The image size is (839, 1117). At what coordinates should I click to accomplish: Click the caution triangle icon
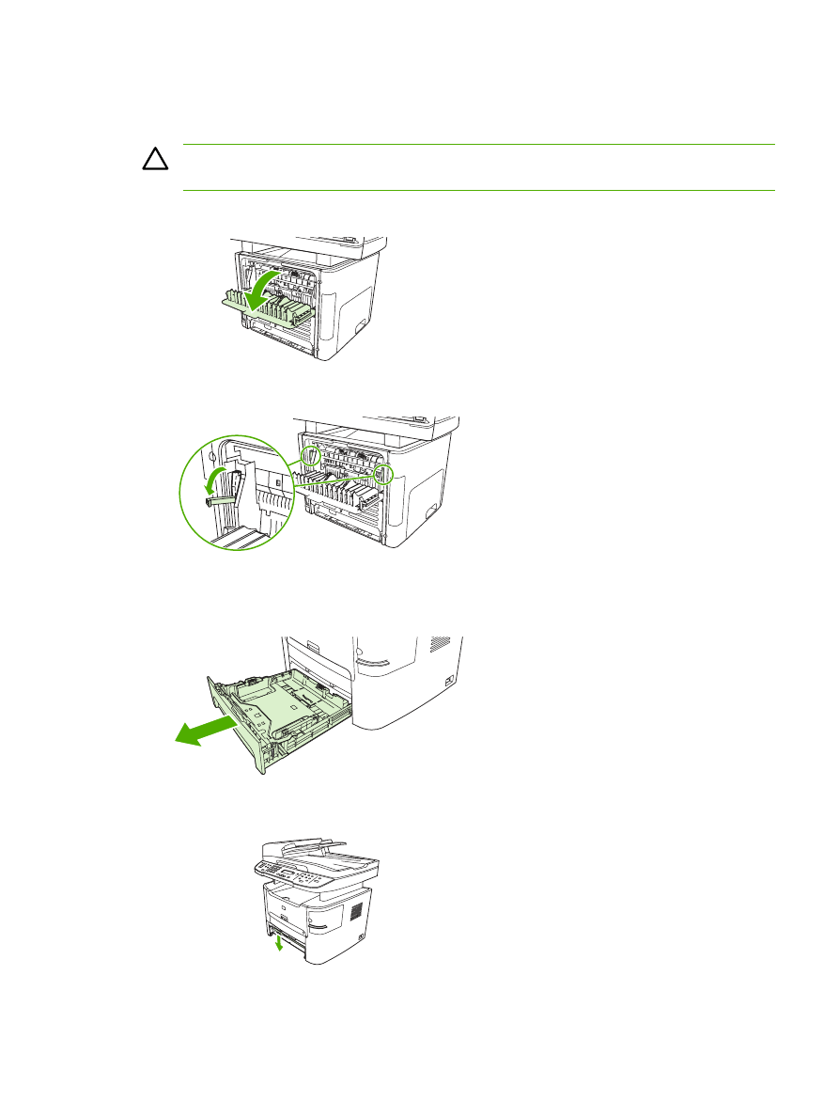coord(153,161)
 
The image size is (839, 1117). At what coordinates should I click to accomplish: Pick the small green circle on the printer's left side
coord(311,455)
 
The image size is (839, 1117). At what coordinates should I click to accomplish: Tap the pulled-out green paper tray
coord(277,715)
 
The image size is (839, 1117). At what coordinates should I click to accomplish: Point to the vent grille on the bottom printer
coord(356,912)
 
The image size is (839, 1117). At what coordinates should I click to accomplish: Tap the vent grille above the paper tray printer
coord(440,646)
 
